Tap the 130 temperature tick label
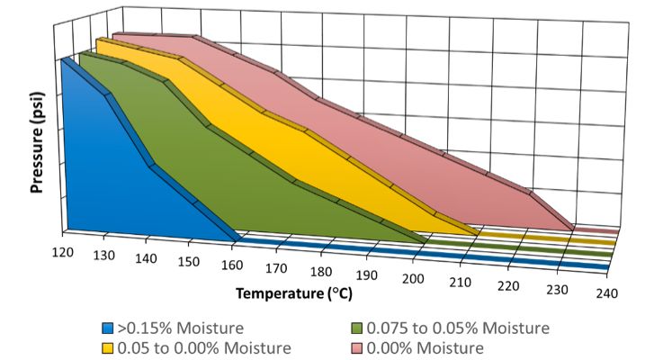click(x=104, y=256)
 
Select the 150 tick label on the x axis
click(x=189, y=262)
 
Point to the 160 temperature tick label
click(x=233, y=265)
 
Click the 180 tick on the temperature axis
click(x=322, y=272)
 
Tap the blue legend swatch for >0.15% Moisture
click(x=107, y=328)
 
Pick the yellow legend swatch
click(x=107, y=346)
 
